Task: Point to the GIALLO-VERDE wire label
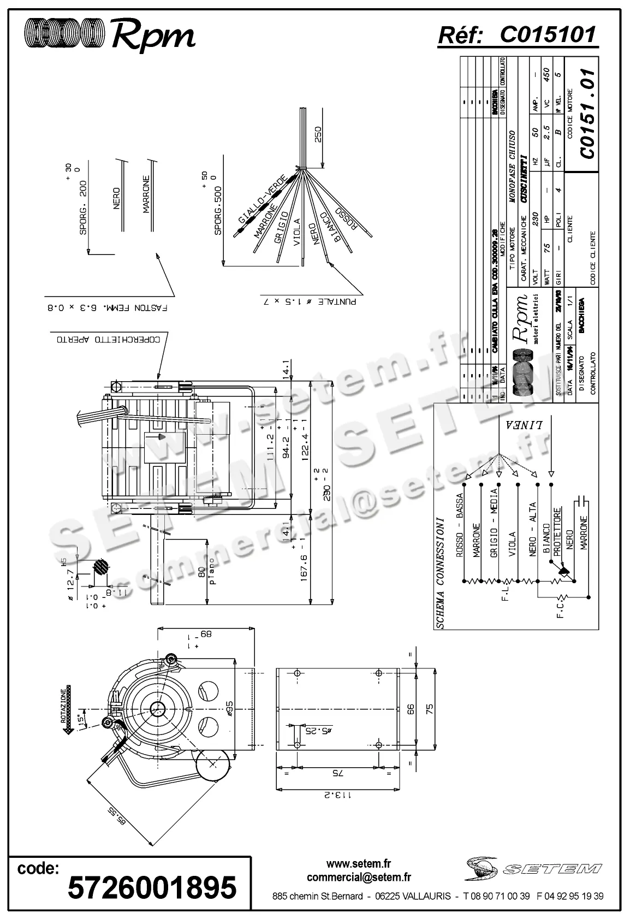(262, 199)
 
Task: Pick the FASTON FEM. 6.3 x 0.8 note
(107, 308)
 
